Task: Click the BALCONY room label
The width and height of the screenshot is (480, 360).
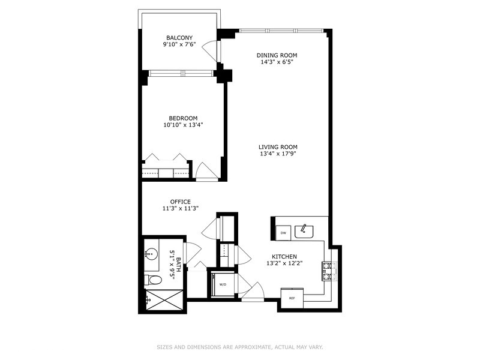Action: tap(179, 38)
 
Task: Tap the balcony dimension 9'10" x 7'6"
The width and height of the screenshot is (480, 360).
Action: tap(179, 45)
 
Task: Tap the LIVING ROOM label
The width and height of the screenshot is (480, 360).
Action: tap(278, 147)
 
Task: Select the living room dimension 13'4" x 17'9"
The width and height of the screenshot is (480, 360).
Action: tap(278, 154)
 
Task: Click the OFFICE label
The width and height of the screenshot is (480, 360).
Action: tap(180, 202)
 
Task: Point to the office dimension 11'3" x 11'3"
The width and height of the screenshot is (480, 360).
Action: tap(180, 209)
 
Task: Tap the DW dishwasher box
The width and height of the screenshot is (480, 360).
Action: tap(282, 232)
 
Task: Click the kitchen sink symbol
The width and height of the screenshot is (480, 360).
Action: tap(304, 230)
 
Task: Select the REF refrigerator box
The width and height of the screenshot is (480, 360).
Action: tap(292, 298)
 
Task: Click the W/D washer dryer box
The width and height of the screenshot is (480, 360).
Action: tap(222, 284)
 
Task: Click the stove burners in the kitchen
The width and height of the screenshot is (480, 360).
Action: tap(328, 271)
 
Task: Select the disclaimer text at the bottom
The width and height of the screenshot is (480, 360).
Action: tap(240, 347)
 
